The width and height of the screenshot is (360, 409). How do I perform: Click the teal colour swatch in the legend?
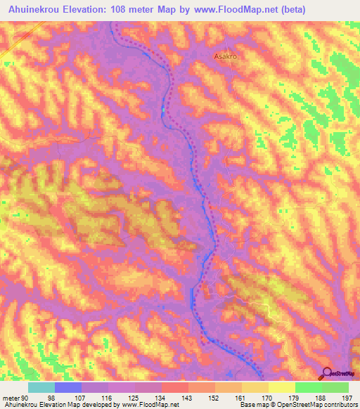41,387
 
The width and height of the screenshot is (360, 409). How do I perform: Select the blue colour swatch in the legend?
68,387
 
